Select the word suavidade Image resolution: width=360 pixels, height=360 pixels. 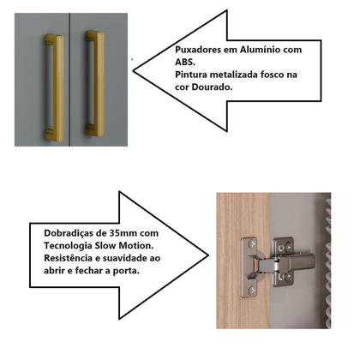(x=136, y=257)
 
